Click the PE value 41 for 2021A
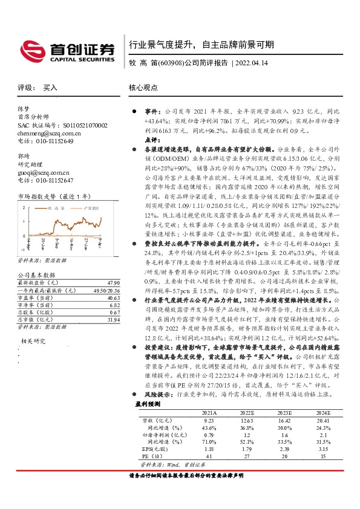pyautogui.click(x=209, y=457)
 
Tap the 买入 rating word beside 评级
pyautogui.click(x=50, y=88)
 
